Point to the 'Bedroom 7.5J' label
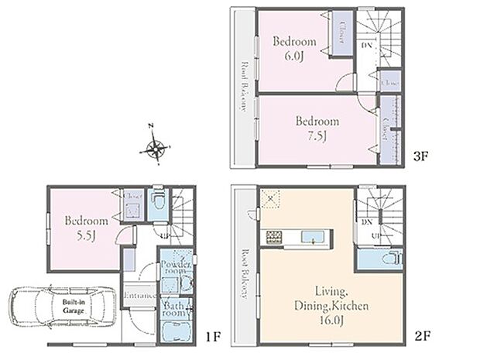317,128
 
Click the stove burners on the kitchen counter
274,237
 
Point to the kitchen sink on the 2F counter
314,237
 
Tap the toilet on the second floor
393,259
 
